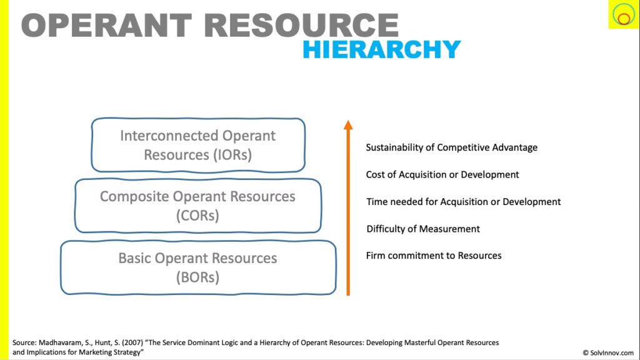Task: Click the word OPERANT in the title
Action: (107, 25)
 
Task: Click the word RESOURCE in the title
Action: (301, 25)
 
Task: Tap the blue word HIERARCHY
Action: (382, 49)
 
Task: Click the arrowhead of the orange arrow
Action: (348, 125)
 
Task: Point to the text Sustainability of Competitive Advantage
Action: (451, 147)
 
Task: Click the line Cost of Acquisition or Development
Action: (442, 175)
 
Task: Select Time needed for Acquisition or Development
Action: (463, 202)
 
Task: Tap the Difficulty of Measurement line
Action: (423, 229)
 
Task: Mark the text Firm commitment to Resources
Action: (434, 256)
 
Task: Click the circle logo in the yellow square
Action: (623, 14)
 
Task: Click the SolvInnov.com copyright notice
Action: (608, 352)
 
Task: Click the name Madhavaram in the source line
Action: (61, 343)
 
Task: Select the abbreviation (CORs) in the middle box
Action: (197, 216)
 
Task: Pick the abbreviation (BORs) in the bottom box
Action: (197, 277)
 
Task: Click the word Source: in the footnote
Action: (24, 343)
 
